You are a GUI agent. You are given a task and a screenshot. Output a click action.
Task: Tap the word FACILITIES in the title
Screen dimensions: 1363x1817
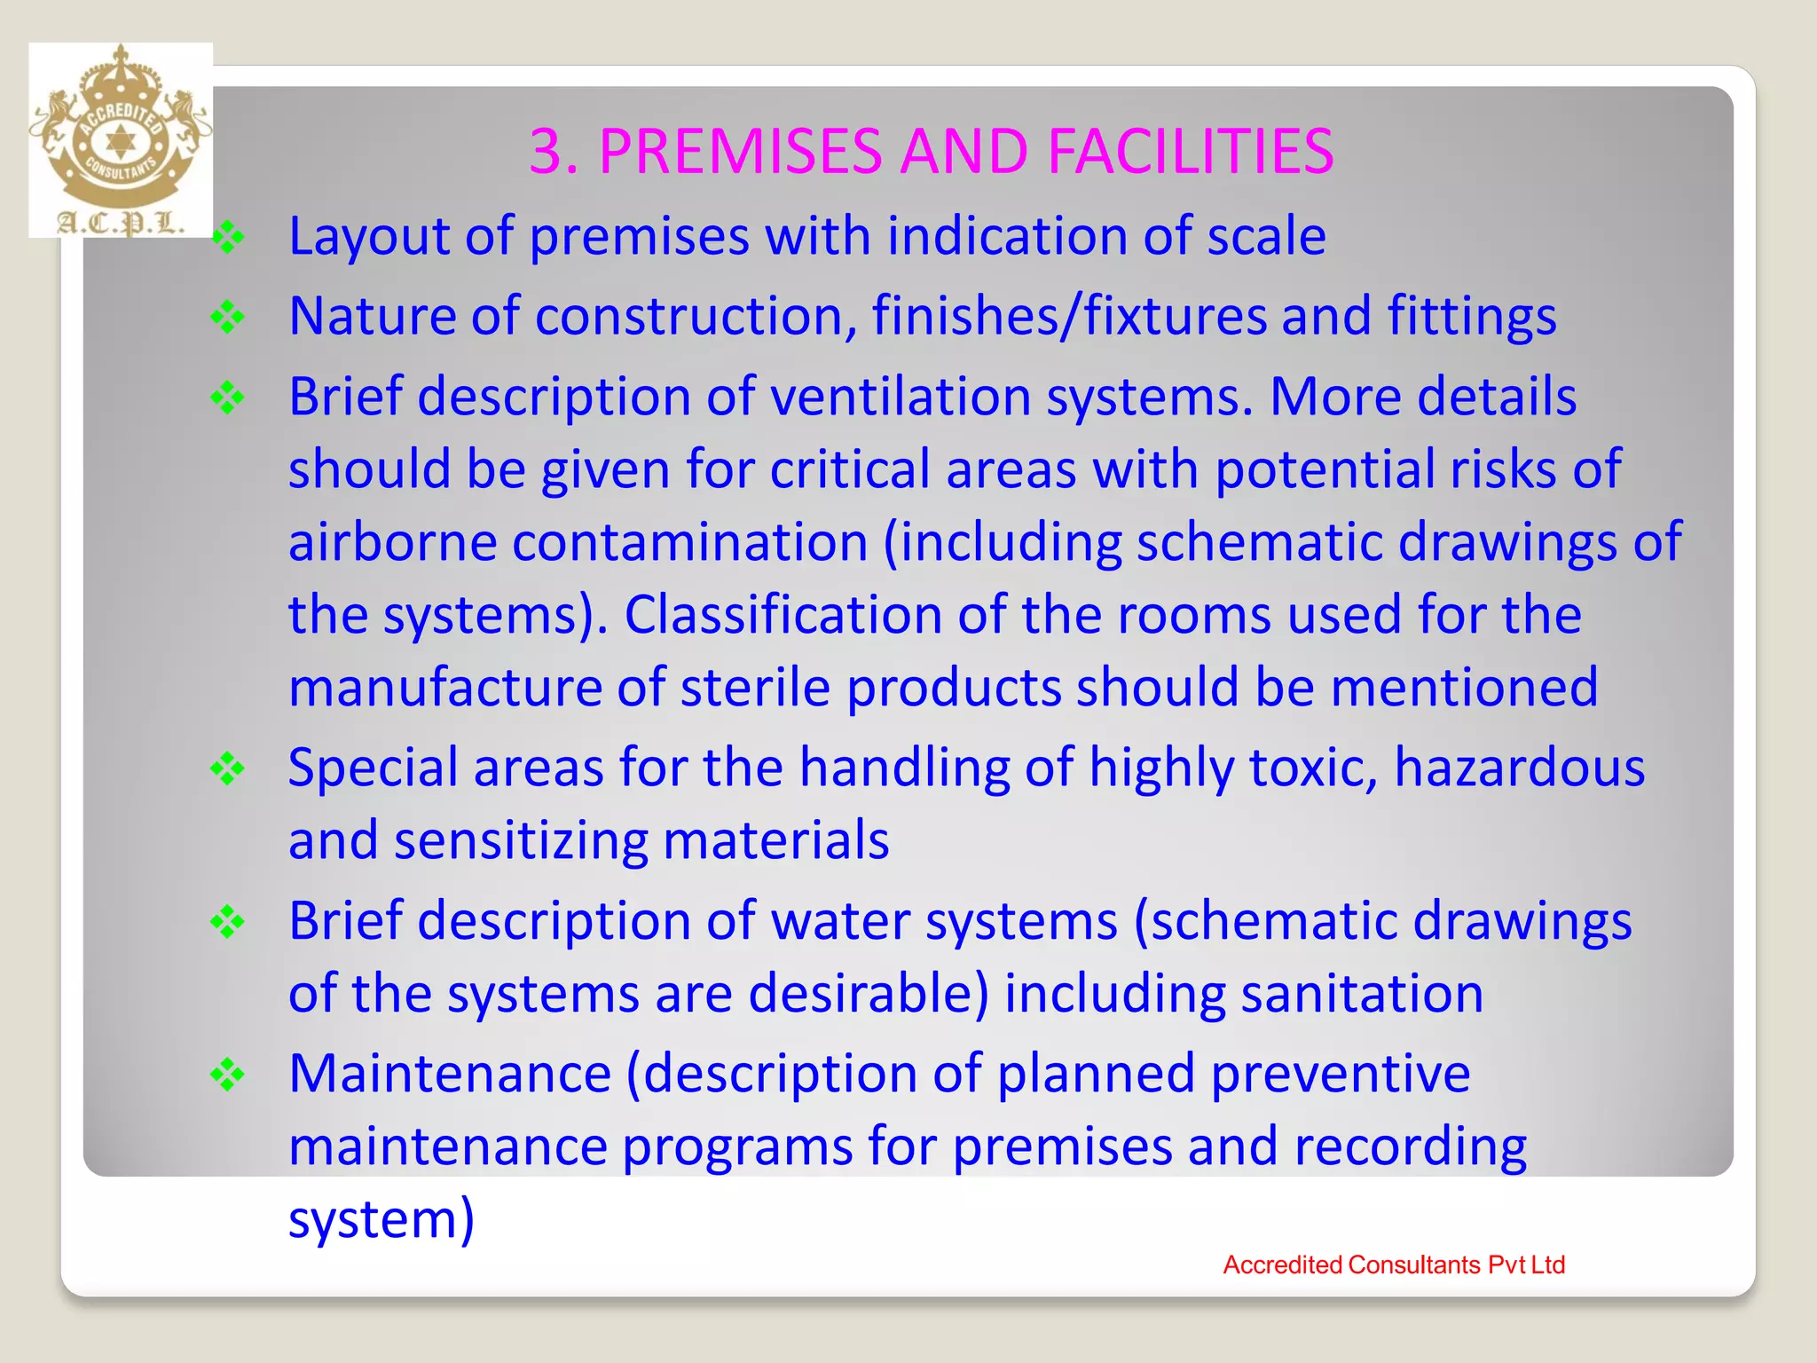pos(1190,151)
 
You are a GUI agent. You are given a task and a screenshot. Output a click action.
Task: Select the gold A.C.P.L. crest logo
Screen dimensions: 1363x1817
pos(121,140)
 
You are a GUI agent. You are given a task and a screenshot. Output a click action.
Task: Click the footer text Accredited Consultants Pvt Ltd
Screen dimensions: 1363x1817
pos(1393,1265)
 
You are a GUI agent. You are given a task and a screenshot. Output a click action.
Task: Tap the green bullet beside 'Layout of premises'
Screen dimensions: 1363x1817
pos(228,237)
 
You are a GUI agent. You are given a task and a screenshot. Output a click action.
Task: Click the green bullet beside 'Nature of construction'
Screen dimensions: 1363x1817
pos(228,317)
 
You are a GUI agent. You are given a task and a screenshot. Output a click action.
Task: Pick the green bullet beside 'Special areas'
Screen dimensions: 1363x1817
pos(228,768)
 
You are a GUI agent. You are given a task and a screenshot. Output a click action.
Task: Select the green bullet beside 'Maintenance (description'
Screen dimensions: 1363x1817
pos(228,1075)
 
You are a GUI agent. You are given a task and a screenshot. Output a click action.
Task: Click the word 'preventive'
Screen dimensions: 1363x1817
pos(1341,1074)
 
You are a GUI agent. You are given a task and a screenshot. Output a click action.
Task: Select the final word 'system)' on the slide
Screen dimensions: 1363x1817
pos(381,1219)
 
